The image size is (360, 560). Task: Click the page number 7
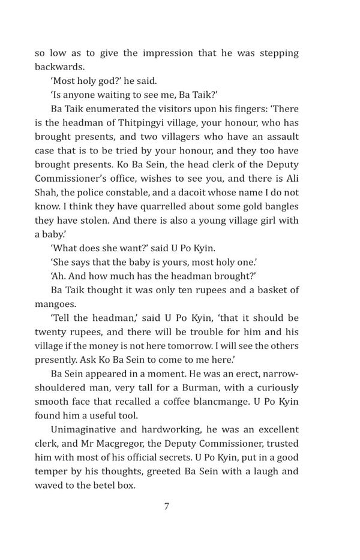coord(167,506)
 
